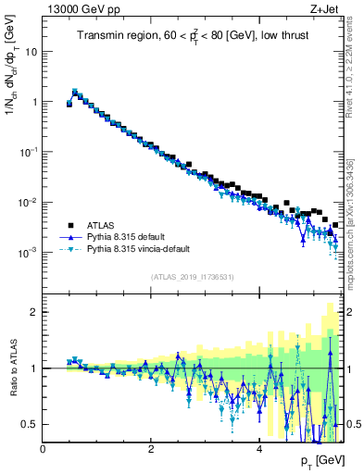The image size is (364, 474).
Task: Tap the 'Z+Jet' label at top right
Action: click(x=325, y=8)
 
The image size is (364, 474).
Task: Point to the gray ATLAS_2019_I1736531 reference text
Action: click(x=193, y=277)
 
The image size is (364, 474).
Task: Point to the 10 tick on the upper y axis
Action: click(x=31, y=52)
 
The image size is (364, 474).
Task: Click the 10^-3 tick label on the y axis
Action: click(x=30, y=252)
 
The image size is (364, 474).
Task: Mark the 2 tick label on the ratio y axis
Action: click(x=34, y=312)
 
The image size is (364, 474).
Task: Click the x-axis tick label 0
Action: click(x=43, y=449)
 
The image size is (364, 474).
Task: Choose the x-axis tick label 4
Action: click(x=258, y=449)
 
